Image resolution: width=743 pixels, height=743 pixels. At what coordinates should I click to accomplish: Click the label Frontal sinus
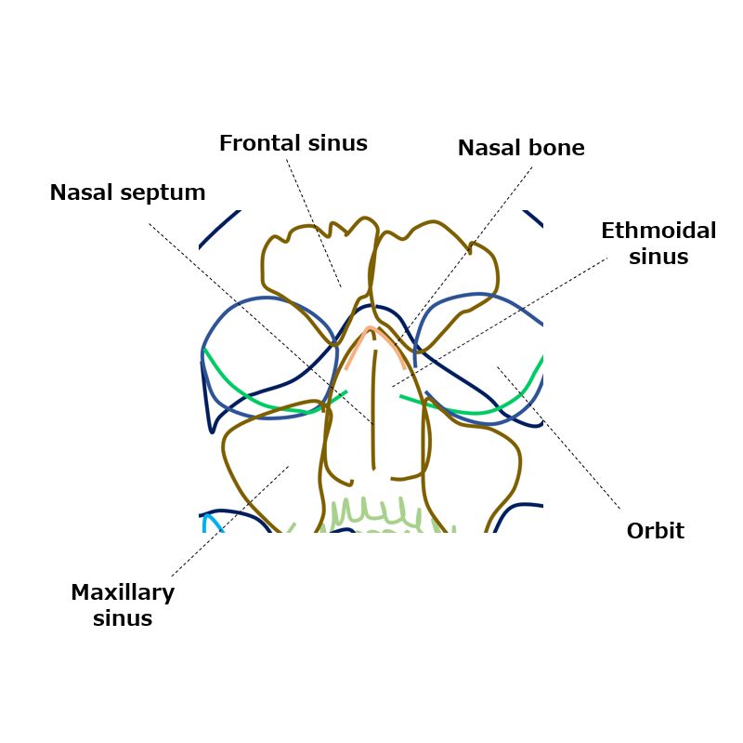[293, 143]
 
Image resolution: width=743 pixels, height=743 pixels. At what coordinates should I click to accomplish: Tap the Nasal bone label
[521, 148]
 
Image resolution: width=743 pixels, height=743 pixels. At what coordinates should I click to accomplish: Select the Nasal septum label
[127, 192]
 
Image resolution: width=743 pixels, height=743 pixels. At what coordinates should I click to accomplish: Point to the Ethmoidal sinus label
[658, 244]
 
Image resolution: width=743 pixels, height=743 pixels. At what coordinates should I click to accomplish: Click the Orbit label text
[655, 531]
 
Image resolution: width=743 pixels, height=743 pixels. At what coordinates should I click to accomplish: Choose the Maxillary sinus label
[123, 604]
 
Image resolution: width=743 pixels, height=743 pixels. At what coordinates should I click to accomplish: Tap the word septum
[167, 193]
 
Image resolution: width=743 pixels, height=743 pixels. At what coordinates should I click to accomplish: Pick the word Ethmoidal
[658, 231]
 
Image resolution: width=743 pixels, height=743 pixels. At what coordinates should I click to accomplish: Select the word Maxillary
[123, 592]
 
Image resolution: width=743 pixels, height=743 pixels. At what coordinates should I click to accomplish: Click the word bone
[555, 148]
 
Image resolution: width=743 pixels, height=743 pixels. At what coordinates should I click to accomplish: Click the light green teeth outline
[371, 512]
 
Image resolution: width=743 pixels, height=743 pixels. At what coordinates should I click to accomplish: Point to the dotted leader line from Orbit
[557, 437]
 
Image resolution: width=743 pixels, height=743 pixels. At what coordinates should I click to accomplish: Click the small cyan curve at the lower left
[215, 521]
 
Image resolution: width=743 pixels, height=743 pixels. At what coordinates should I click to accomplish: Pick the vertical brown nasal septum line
[374, 400]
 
